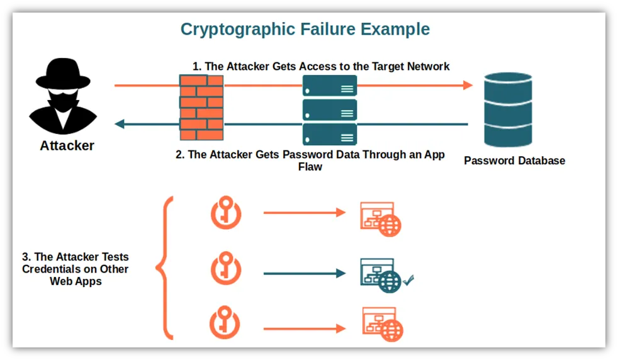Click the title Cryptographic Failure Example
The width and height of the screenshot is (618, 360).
(x=305, y=30)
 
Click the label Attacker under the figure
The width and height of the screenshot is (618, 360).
(x=67, y=145)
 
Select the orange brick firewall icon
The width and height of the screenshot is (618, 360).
(x=201, y=107)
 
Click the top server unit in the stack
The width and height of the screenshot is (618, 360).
(x=329, y=86)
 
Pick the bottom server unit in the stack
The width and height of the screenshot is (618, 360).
(x=329, y=133)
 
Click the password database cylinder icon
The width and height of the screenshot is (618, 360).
(x=508, y=110)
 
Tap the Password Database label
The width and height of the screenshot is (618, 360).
(x=514, y=160)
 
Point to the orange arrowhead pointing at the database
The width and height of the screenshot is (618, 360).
(x=467, y=85)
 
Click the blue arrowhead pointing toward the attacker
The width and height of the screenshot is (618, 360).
(x=120, y=124)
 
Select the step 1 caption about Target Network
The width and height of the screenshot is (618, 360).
(x=321, y=66)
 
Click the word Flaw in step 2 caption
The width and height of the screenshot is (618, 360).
(x=310, y=167)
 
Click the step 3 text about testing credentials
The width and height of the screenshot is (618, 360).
(x=76, y=269)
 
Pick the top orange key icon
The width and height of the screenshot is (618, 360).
(x=226, y=213)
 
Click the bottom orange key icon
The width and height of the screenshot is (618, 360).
(x=226, y=323)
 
